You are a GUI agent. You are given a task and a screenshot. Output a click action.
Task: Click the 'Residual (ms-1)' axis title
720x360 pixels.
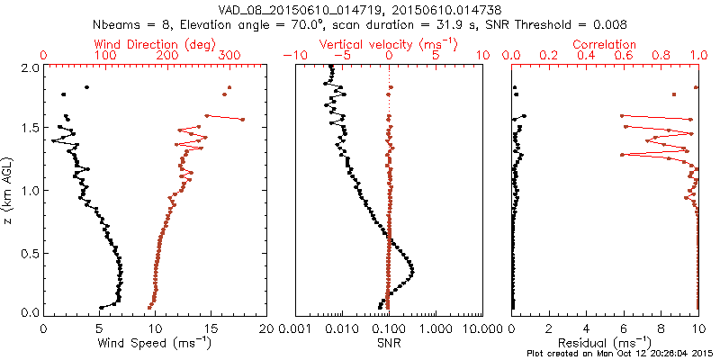click(x=605, y=343)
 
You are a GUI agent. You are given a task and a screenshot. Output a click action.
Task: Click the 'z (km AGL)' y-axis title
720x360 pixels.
click(x=9, y=189)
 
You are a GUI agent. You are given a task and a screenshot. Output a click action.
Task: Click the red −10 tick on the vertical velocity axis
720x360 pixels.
click(x=291, y=56)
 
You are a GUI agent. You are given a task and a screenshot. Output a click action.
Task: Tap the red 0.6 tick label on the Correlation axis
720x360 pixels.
click(x=624, y=56)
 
